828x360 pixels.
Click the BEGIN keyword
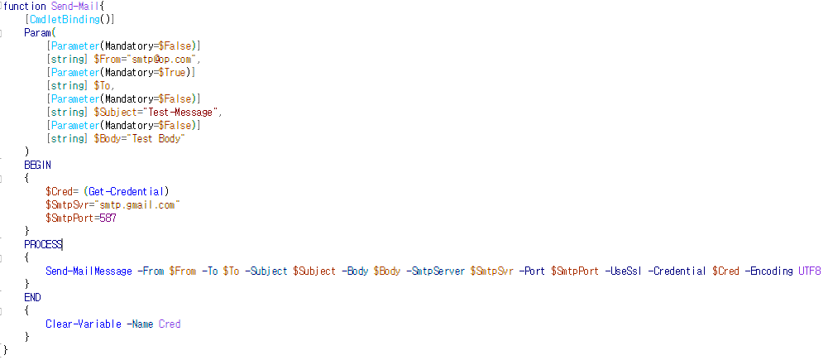37,165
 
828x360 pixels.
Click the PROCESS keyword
42,244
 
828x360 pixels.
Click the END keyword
32,297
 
